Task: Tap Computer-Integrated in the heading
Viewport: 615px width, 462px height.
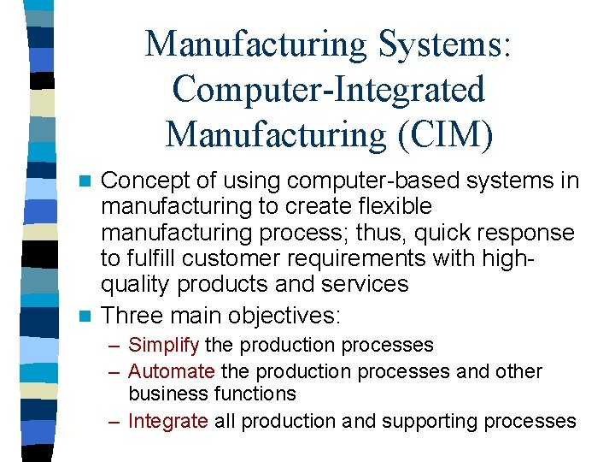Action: coord(328,89)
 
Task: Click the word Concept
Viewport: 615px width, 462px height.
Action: coord(146,181)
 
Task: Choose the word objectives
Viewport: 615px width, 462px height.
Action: coord(284,315)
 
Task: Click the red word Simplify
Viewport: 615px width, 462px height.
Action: coord(164,345)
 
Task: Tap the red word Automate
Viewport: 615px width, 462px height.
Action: coord(172,371)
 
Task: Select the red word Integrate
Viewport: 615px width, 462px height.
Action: coord(168,421)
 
